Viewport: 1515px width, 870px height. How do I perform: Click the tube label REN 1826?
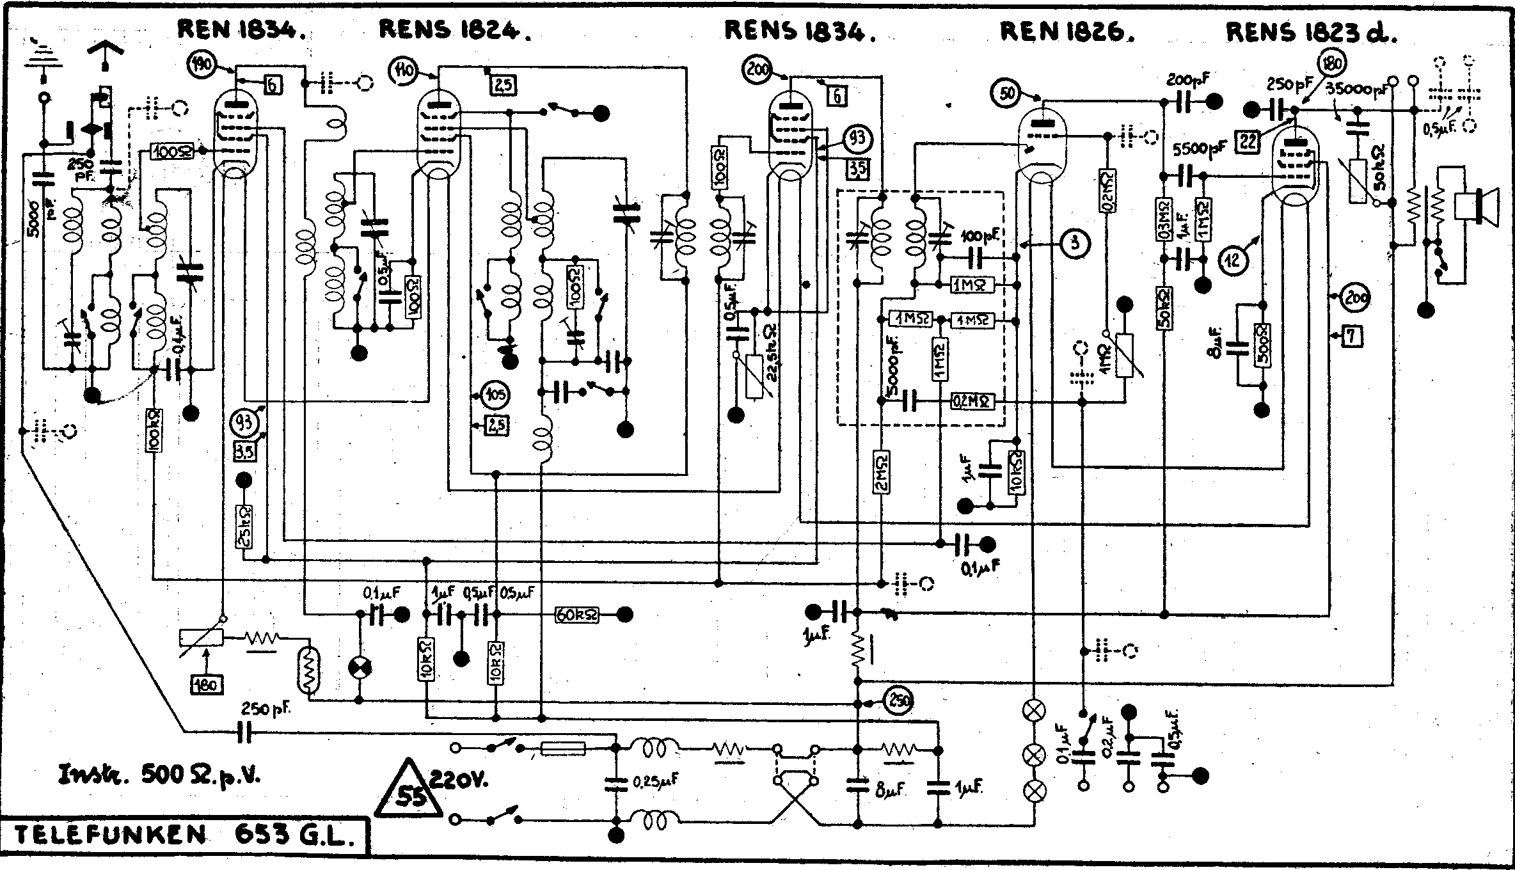tap(1067, 31)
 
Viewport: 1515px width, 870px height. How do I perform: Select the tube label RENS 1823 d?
tap(1311, 32)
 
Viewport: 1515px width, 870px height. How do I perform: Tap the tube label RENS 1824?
tap(454, 29)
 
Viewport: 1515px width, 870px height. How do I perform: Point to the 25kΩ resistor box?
tap(243, 528)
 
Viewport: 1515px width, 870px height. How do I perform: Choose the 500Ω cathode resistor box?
tap(1263, 345)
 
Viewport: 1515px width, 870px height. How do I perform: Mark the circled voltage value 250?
tap(898, 702)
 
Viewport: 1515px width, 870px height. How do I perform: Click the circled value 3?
tap(1075, 243)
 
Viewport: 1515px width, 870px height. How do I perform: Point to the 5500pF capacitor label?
tap(1200, 149)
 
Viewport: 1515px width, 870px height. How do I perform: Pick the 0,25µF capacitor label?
tap(655, 781)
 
